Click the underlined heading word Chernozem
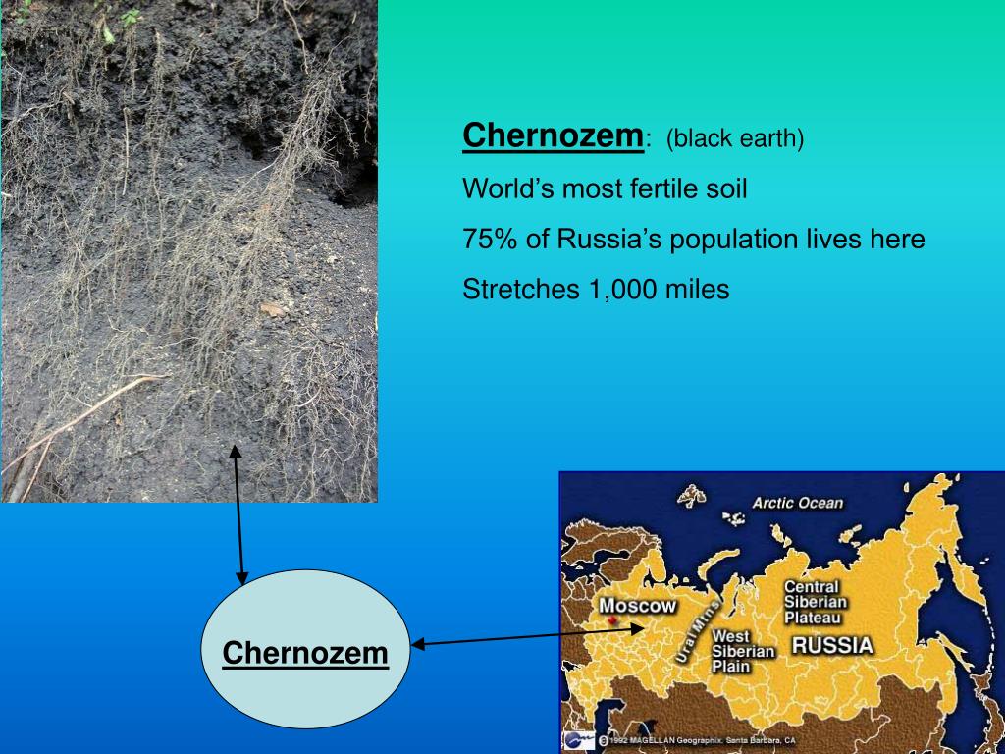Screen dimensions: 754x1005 pyautogui.click(x=553, y=135)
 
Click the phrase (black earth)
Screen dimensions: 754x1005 pyautogui.click(x=735, y=138)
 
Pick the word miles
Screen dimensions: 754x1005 pyautogui.click(x=697, y=291)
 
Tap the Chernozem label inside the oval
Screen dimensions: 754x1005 pyautogui.click(x=305, y=652)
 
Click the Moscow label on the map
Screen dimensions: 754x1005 pyautogui.click(x=638, y=606)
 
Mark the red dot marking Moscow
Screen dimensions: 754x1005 pyautogui.click(x=613, y=621)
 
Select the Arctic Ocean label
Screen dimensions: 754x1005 pyautogui.click(x=797, y=504)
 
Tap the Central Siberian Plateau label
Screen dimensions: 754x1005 pyautogui.click(x=814, y=602)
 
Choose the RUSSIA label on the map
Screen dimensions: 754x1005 pyautogui.click(x=832, y=646)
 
